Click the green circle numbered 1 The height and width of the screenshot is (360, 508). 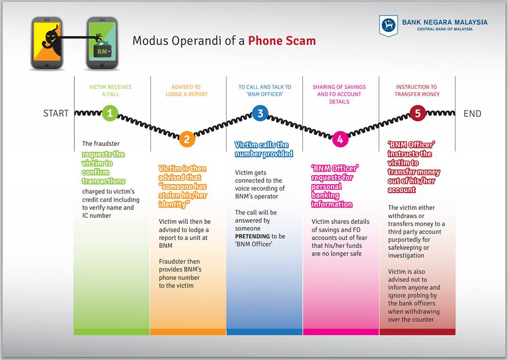click(110, 113)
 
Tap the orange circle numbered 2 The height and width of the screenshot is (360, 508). click(187, 139)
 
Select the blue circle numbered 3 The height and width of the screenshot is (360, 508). click(260, 113)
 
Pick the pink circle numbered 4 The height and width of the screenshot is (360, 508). click(340, 139)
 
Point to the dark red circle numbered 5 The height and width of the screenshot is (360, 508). click(418, 113)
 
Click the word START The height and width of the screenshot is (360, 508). click(56, 113)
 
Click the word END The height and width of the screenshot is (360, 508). click(472, 114)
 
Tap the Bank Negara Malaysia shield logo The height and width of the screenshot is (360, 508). click(389, 25)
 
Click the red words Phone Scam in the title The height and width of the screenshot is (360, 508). click(282, 41)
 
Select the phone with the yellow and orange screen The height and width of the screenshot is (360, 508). click(47, 43)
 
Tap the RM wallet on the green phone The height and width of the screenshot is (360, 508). click(103, 50)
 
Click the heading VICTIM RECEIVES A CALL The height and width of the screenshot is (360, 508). click(111, 91)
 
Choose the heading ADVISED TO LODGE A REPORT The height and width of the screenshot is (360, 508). click(186, 91)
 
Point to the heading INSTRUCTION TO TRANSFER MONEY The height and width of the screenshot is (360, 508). click(417, 91)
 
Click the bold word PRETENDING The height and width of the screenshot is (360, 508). click(253, 237)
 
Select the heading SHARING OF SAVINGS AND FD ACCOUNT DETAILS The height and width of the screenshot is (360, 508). click(339, 94)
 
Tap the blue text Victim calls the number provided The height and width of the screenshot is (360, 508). click(264, 149)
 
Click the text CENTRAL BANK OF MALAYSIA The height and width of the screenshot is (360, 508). click(444, 29)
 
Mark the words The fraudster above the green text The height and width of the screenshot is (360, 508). click(101, 144)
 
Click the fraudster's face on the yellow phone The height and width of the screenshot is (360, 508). click(51, 36)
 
